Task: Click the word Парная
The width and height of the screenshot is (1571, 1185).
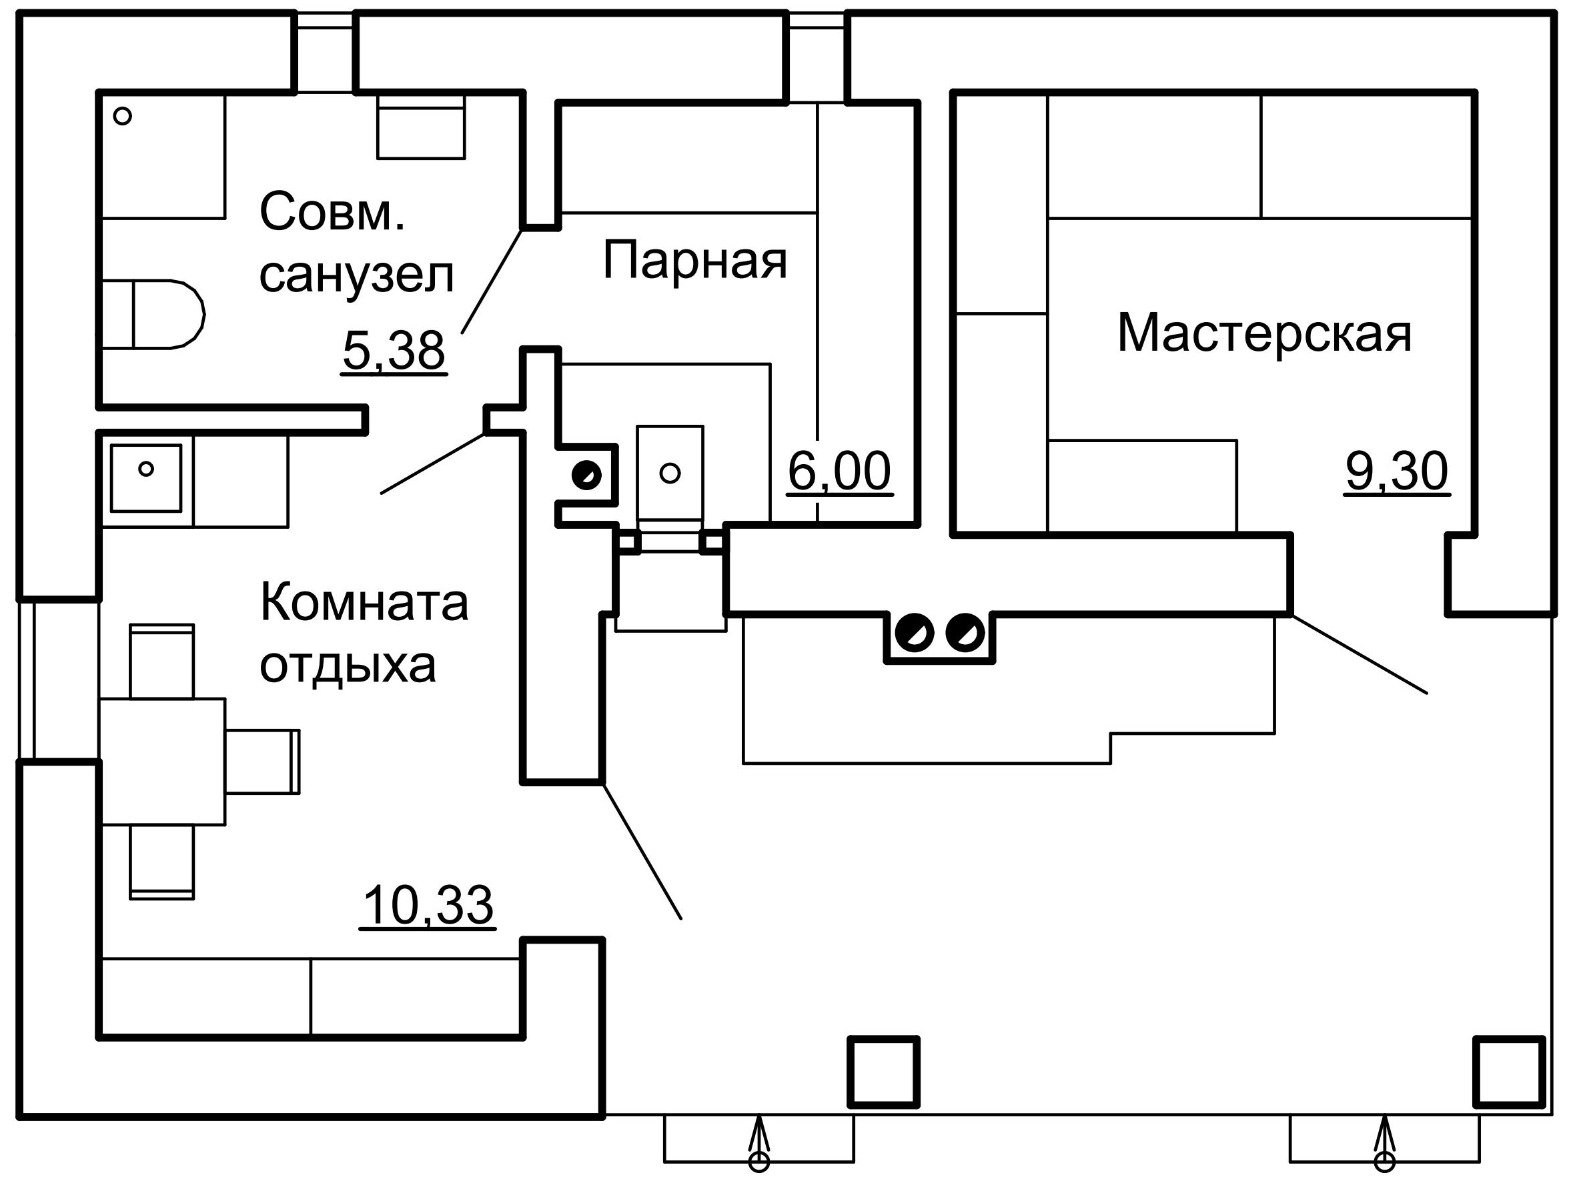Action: (694, 261)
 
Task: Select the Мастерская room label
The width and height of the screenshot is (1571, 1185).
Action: (1264, 333)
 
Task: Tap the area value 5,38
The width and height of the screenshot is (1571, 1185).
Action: (394, 351)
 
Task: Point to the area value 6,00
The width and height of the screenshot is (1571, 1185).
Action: (839, 471)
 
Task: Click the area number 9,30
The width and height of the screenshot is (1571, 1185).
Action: (1397, 471)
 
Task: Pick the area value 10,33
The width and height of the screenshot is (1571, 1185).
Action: (428, 906)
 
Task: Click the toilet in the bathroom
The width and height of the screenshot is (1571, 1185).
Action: (153, 314)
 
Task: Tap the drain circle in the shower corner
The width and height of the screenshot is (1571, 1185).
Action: (122, 116)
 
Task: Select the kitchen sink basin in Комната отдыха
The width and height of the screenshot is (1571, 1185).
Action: (145, 478)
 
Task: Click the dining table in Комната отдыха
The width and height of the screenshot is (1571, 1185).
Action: (163, 762)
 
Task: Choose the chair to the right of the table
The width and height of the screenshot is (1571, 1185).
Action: (263, 762)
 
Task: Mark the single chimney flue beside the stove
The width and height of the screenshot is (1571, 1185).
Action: (586, 475)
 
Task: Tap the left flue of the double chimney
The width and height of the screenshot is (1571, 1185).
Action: (914, 633)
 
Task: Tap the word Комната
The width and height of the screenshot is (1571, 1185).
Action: (364, 602)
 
